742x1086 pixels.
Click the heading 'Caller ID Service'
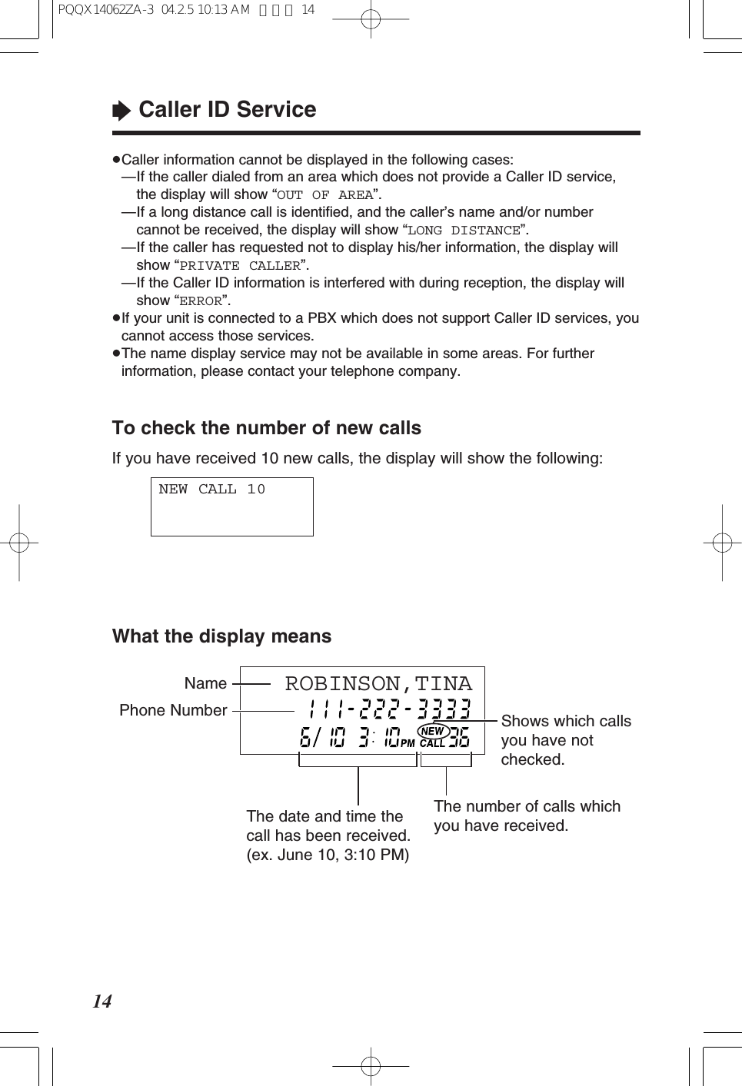coord(227,110)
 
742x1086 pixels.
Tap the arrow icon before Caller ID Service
coord(121,111)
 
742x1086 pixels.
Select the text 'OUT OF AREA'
coord(325,195)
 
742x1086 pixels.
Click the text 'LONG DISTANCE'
coord(464,231)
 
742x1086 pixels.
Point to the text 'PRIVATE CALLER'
coord(240,266)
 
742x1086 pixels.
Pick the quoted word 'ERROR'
coord(201,301)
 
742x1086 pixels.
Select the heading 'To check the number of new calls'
coord(266,428)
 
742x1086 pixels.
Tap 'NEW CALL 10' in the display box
coord(212,490)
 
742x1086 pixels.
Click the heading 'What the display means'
coord(221,636)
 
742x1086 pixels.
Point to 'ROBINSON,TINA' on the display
coord(378,683)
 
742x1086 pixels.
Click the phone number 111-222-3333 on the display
coord(389,709)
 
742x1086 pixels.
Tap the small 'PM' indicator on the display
coord(407,743)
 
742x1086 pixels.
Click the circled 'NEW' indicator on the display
coord(433,731)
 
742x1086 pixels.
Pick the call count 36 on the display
coord(459,739)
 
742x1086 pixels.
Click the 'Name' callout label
coord(205,683)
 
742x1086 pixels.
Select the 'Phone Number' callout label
coord(173,710)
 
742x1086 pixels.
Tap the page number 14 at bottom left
coord(102,1001)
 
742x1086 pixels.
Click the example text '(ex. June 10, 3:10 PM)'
coord(328,855)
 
